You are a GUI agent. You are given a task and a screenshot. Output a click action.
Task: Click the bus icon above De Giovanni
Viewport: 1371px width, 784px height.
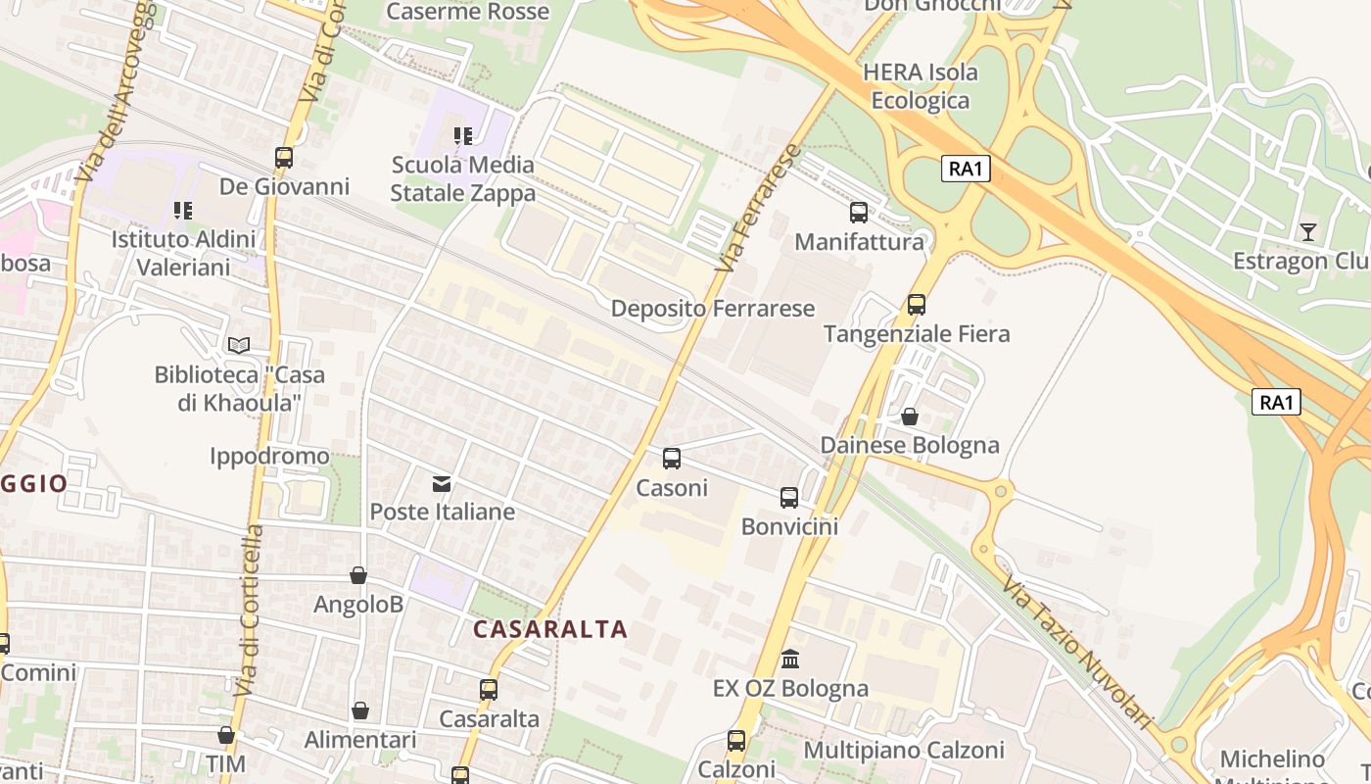click(x=284, y=157)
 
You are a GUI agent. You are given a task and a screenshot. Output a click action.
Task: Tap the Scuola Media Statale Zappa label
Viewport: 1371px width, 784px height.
click(x=463, y=178)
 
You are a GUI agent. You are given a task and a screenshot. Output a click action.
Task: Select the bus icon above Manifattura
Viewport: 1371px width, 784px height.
click(x=859, y=213)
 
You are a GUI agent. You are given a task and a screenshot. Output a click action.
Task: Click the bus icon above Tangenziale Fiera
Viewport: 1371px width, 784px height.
click(x=917, y=305)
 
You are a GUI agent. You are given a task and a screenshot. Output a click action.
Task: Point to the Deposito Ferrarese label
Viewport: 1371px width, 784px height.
click(x=713, y=309)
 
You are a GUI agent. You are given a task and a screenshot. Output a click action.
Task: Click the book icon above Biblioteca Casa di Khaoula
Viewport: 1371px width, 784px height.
click(x=239, y=345)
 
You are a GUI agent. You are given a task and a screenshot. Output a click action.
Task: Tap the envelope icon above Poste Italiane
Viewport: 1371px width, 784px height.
click(x=442, y=483)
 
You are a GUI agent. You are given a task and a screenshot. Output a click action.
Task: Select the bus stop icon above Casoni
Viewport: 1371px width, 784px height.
click(x=672, y=459)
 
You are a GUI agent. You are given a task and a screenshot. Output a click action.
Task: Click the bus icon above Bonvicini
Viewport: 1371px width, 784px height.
click(x=789, y=498)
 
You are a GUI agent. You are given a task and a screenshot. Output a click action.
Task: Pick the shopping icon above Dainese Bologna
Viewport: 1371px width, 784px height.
click(x=910, y=416)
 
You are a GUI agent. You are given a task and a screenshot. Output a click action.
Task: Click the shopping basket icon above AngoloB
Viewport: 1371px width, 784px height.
click(x=358, y=576)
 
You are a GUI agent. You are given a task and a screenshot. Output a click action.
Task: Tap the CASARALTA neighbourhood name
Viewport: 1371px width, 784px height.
click(x=550, y=629)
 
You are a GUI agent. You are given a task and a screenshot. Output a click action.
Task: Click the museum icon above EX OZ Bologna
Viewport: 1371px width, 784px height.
click(x=790, y=660)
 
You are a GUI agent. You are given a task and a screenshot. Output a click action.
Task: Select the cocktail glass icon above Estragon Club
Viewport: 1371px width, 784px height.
click(x=1308, y=232)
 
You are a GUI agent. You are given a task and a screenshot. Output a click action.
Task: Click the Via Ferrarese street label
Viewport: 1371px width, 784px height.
click(x=758, y=209)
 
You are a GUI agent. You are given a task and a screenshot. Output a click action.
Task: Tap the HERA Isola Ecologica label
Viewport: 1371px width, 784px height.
click(x=921, y=86)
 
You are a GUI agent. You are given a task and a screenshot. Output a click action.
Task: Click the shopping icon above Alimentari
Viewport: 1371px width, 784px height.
click(x=360, y=710)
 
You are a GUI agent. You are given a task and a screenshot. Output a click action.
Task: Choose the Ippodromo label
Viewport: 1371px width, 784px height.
click(x=269, y=457)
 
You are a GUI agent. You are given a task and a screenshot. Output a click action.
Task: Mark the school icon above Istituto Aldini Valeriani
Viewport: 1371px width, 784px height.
click(x=183, y=210)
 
